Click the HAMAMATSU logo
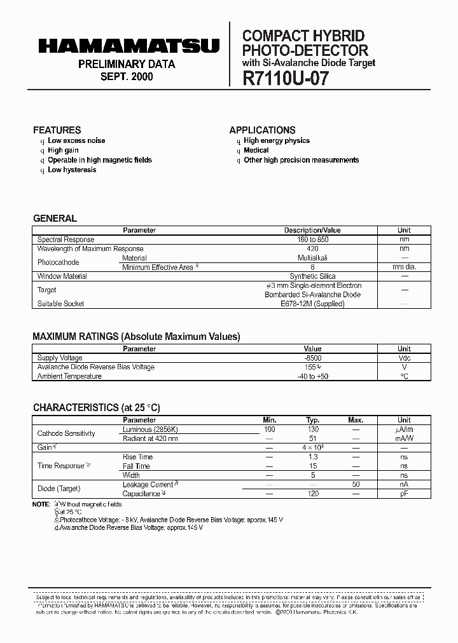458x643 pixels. pyautogui.click(x=128, y=46)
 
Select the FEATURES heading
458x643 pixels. pyautogui.click(x=57, y=130)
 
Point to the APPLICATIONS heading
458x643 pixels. pyautogui.click(x=262, y=130)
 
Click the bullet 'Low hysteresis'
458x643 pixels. pyautogui.click(x=72, y=170)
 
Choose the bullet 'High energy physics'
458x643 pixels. pyautogui.click(x=277, y=140)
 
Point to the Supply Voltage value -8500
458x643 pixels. pyautogui.click(x=312, y=358)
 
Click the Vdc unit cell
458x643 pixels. pyautogui.click(x=404, y=358)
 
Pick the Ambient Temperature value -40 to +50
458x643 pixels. pyautogui.click(x=312, y=376)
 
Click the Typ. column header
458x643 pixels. pyautogui.click(x=312, y=420)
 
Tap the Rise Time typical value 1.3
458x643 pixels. pyautogui.click(x=312, y=457)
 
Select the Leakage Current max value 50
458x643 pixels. pyautogui.click(x=356, y=484)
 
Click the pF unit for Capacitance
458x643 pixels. pyautogui.click(x=404, y=494)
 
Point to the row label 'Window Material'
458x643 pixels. pyautogui.click(x=62, y=276)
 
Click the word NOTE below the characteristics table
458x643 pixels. pyautogui.click(x=41, y=504)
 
